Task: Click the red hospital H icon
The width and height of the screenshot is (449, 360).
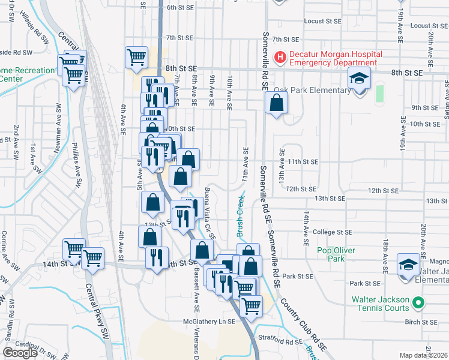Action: [x=280, y=58]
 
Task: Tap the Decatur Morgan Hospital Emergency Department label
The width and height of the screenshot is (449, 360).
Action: [x=334, y=58]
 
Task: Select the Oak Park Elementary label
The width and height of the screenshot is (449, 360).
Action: [x=312, y=91]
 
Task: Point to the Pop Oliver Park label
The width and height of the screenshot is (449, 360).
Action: [x=336, y=254]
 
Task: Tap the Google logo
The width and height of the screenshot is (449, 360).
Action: [x=20, y=353]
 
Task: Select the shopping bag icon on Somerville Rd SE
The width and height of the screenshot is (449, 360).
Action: [x=276, y=103]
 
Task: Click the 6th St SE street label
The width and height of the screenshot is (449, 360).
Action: [x=179, y=7]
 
